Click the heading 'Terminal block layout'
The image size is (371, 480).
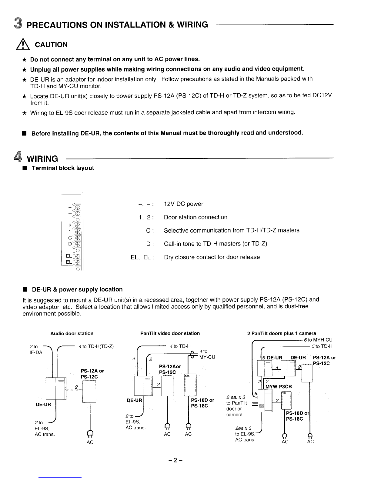pos(63,168)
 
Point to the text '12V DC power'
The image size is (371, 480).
pos(183,204)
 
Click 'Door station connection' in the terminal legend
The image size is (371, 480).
pos(196,217)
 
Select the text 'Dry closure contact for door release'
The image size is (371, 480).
pos(212,257)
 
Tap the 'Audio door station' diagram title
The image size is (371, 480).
pos(72,334)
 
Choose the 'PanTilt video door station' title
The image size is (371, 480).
pos(170,333)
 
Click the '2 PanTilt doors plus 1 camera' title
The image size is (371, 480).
pos(282,334)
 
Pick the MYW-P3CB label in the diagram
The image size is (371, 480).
pos(279,387)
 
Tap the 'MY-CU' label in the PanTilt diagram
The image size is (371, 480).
pos(207,357)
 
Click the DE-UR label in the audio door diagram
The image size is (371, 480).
pos(43,405)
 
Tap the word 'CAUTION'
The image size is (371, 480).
pos(51,45)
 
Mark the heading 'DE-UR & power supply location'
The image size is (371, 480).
pos(77,290)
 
